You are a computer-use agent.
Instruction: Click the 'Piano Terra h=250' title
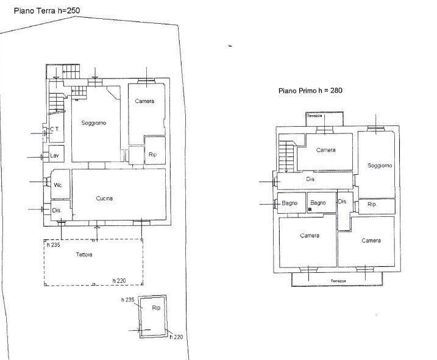click(x=47, y=10)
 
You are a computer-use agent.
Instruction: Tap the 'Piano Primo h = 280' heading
click(x=310, y=91)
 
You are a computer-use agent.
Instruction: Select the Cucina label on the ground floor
click(x=104, y=199)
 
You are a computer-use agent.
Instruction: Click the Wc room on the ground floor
click(x=60, y=184)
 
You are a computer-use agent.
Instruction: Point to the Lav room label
click(x=54, y=155)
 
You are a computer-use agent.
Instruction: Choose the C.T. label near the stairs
click(x=55, y=129)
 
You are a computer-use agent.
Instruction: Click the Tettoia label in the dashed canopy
click(x=84, y=255)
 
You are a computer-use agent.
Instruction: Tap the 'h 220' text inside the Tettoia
click(x=119, y=281)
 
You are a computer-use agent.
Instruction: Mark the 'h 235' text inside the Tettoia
click(x=53, y=245)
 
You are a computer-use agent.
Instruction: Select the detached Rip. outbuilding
click(x=153, y=316)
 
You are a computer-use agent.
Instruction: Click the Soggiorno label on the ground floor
click(x=94, y=123)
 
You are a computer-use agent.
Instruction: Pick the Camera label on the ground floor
click(x=144, y=101)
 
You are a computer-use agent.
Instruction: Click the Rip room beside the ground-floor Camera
click(x=155, y=150)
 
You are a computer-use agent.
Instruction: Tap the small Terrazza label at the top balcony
click(x=314, y=116)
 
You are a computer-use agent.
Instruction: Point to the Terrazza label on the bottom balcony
click(x=338, y=281)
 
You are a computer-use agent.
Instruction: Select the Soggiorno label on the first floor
click(x=380, y=166)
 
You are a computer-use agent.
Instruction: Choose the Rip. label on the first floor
click(x=372, y=204)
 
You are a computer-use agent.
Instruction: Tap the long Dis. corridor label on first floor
click(x=311, y=179)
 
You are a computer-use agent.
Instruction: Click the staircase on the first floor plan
click(x=287, y=156)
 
